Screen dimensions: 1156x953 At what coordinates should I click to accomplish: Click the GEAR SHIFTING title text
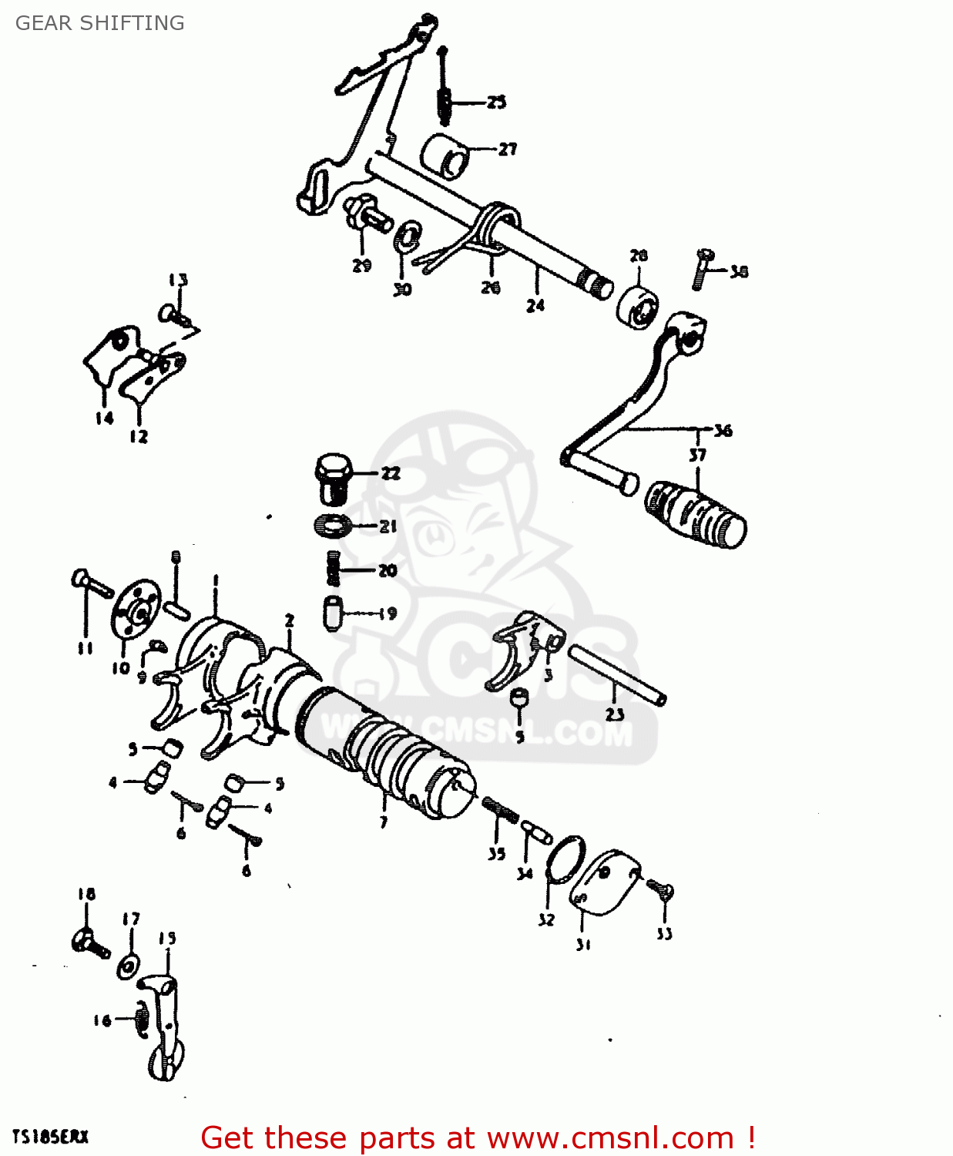pos(100,23)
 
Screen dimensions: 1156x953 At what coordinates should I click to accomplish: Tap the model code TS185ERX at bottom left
pos(51,1137)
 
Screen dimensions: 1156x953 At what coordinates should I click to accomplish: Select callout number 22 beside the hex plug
pos(391,473)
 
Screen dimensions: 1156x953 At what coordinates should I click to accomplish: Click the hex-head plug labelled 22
pos(334,477)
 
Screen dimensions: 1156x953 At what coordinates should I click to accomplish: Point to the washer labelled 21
pos(333,526)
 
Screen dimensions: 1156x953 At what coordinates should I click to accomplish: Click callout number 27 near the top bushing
pos(507,149)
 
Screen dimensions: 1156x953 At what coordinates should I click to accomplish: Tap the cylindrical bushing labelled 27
pos(446,156)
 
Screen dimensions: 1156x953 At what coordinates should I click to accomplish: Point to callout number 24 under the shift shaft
pos(535,305)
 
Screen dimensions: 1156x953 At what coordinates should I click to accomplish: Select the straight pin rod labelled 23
pos(617,674)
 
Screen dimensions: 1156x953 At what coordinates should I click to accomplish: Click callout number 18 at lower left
pos(86,894)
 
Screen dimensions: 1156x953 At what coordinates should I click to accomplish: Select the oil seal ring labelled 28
pos(638,307)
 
